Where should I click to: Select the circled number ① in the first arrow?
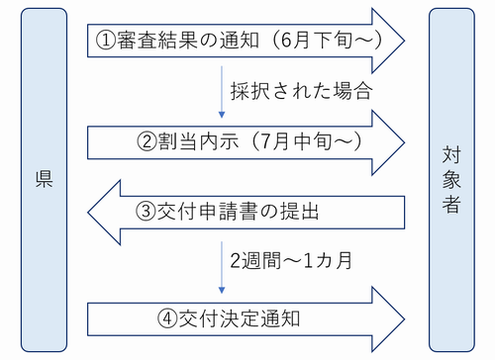pyautogui.click(x=107, y=41)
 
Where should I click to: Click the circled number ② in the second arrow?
pyautogui.click(x=147, y=140)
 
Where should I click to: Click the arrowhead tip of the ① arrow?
pyautogui.click(x=404, y=41)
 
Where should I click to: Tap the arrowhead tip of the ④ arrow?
pyautogui.click(x=404, y=318)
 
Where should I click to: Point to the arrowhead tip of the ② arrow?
pyautogui.click(x=404, y=140)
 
